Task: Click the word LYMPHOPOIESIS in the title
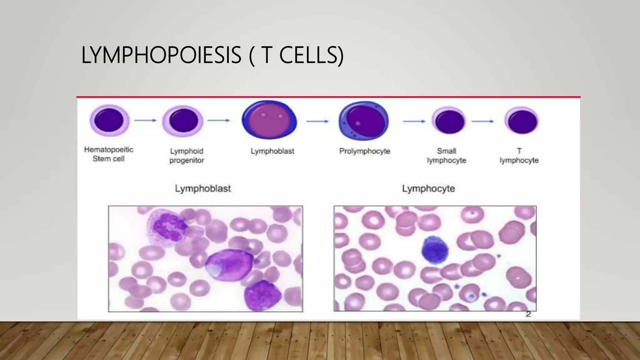[161, 55]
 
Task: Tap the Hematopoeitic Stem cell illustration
[109, 121]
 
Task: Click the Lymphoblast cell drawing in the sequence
[269, 120]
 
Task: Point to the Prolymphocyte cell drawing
[364, 121]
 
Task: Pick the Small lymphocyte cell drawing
[449, 121]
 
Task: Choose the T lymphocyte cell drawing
[522, 121]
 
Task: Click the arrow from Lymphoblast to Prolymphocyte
[317, 121]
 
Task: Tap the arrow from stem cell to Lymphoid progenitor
[145, 120]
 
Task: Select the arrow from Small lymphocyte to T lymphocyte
[483, 121]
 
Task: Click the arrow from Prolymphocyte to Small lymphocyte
[414, 121]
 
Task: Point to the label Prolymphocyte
[365, 151]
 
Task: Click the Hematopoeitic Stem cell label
[108, 154]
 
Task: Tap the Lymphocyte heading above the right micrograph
[428, 188]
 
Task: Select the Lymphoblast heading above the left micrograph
[203, 188]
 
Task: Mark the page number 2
[528, 314]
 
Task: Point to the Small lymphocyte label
[446, 156]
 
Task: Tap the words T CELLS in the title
[302, 55]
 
